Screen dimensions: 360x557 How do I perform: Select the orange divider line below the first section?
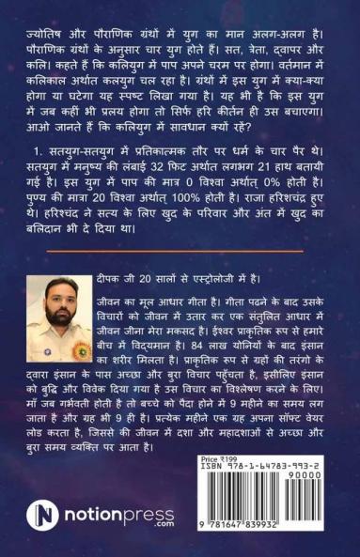tap(180, 249)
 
